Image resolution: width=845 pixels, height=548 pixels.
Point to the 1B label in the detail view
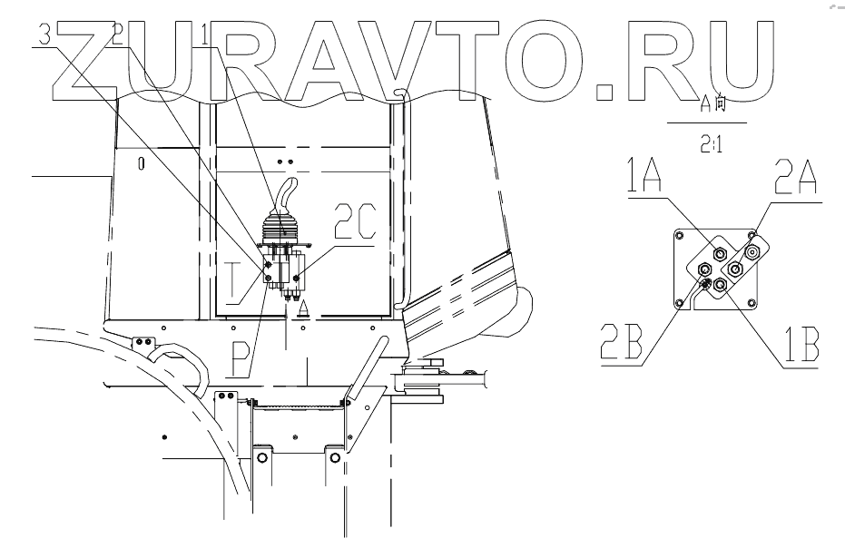800,346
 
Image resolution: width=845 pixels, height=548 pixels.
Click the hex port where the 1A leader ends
720,253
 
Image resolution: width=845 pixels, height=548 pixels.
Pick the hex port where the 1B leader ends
720,286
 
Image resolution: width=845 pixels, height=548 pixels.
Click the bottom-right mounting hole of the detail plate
751,303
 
